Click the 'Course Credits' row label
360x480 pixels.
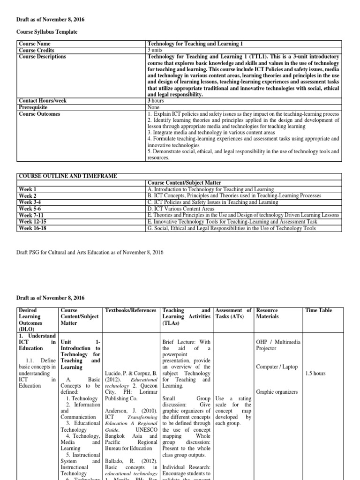pos(36,50)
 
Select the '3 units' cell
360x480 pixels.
pos(156,50)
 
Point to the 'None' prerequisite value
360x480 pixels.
pos(154,107)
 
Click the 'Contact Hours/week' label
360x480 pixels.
pos(42,101)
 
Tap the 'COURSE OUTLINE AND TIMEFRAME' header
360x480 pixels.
pos(67,176)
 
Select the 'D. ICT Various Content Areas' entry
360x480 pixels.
pos(180,209)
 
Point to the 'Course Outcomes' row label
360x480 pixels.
pos(38,114)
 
